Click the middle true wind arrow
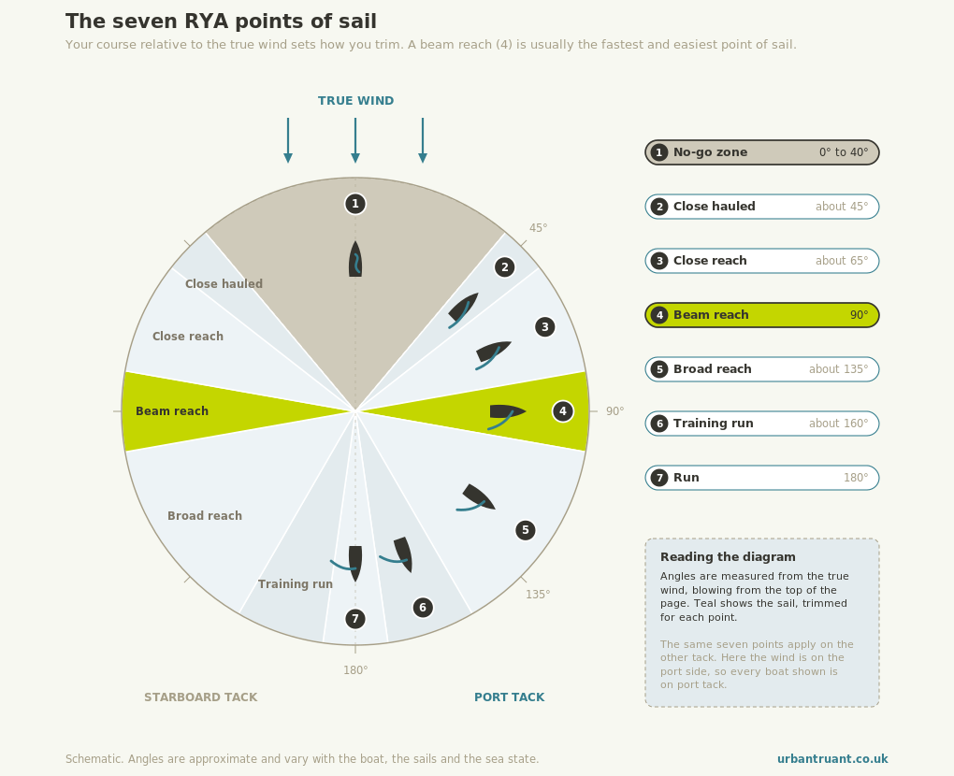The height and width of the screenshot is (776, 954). point(355,140)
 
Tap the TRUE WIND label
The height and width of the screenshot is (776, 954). point(356,101)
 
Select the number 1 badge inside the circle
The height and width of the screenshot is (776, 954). point(355,204)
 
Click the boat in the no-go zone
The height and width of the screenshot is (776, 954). point(355,259)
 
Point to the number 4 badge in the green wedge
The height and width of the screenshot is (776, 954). point(563,411)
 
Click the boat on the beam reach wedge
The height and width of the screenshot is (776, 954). point(507,415)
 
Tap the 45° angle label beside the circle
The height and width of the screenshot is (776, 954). point(538,228)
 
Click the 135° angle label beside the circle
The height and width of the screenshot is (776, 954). point(538,595)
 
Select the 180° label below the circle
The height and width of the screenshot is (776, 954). point(355,670)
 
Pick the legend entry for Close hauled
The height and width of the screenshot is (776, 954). point(761,207)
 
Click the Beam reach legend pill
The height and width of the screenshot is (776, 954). point(761,315)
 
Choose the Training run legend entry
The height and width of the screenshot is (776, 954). point(761,424)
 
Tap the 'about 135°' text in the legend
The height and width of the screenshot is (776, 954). point(838,369)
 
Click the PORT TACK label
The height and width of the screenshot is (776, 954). point(509,697)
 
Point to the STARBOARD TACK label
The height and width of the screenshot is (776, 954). point(201,697)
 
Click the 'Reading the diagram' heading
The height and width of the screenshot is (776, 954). point(728,557)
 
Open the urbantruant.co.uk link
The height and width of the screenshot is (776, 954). point(832,759)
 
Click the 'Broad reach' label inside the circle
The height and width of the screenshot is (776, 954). point(205,516)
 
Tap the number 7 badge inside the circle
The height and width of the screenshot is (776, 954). point(355,619)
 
